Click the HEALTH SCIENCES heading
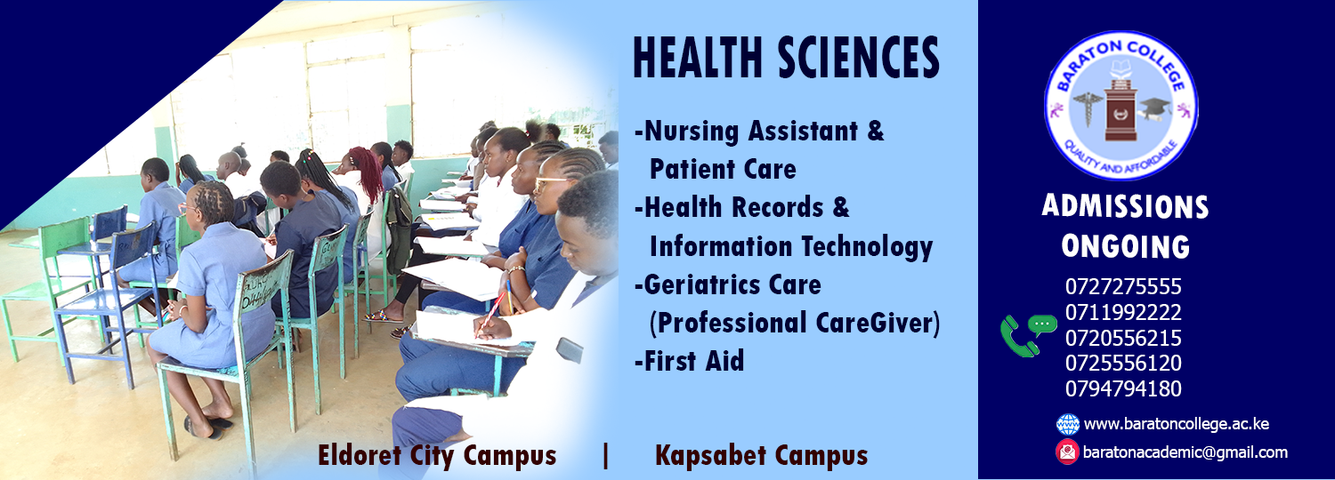[x=786, y=57]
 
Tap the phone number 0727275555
[x=1123, y=286]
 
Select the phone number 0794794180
[x=1123, y=388]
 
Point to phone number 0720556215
[x=1123, y=338]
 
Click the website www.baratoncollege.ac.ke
[x=1176, y=424]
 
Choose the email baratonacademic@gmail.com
[x=1185, y=452]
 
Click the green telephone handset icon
[x=1018, y=337]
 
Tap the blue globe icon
[x=1067, y=425]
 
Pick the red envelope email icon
[x=1067, y=452]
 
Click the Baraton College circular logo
[x=1121, y=106]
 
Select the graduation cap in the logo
[x=1154, y=109]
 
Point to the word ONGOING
[x=1125, y=246]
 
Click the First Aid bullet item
[x=690, y=361]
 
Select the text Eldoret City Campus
[x=437, y=456]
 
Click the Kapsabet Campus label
[x=761, y=456]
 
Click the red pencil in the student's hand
[x=489, y=315]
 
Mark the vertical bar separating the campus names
[x=605, y=456]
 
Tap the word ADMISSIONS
[x=1125, y=206]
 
